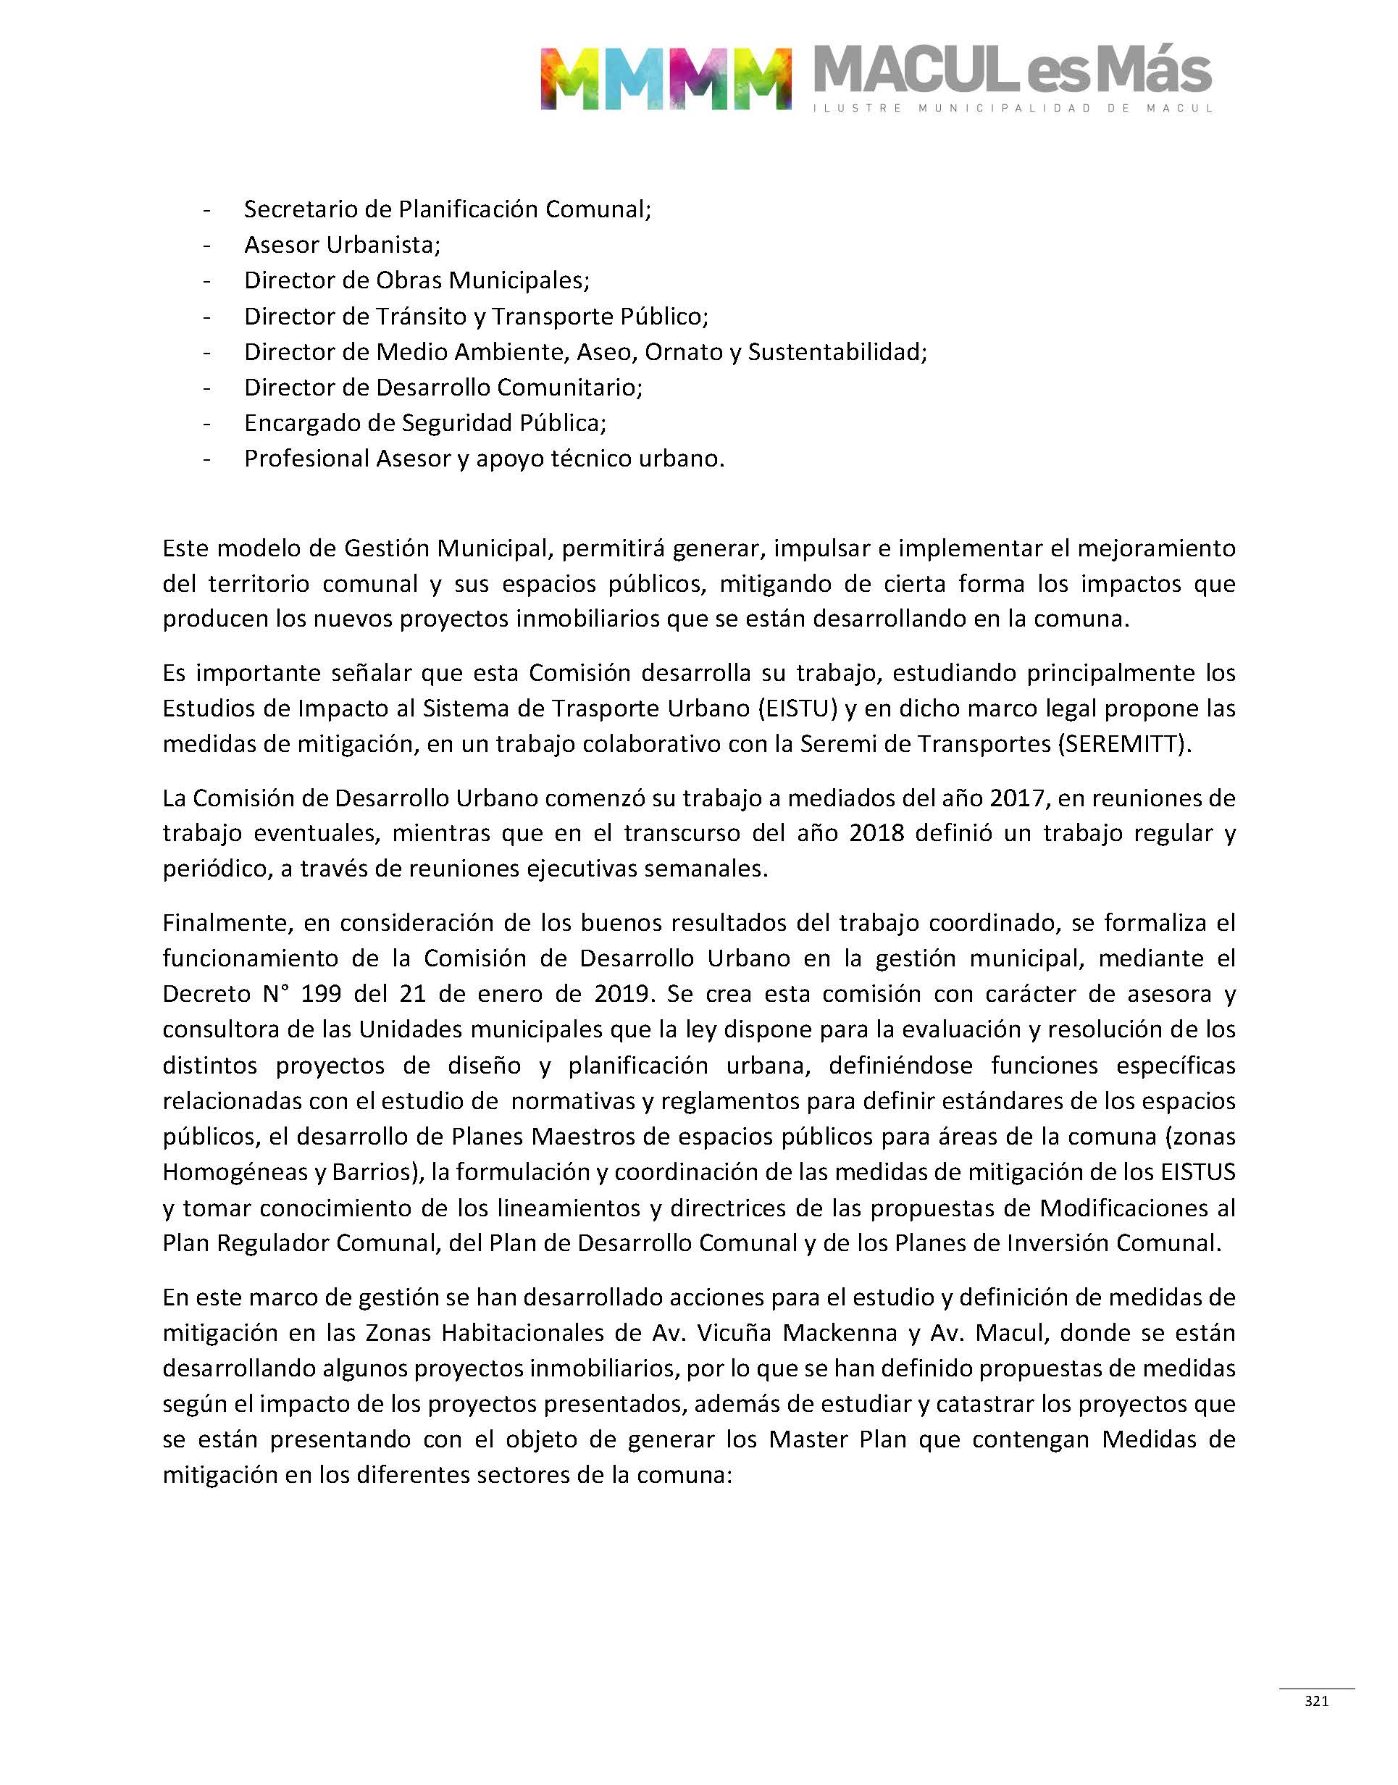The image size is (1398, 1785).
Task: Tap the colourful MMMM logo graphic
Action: point(666,78)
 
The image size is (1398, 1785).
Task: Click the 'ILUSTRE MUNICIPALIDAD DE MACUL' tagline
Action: point(1013,108)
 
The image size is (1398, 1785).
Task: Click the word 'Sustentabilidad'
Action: point(837,352)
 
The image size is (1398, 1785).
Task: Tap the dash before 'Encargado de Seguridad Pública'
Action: point(207,423)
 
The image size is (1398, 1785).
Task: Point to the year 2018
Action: point(876,833)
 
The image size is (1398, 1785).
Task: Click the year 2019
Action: point(622,994)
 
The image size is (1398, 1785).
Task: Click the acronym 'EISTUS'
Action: point(1197,1172)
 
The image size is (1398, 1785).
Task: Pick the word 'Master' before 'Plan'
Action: point(808,1439)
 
